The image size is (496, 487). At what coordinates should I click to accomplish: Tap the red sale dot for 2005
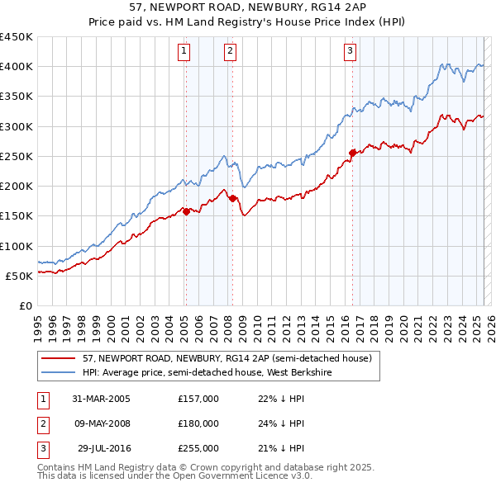click(x=186, y=211)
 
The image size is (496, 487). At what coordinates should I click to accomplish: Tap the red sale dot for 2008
click(x=232, y=198)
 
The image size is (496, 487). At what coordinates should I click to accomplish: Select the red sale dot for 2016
click(x=353, y=153)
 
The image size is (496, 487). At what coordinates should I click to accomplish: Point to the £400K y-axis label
click(x=17, y=67)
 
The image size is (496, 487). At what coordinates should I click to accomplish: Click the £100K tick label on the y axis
click(x=17, y=246)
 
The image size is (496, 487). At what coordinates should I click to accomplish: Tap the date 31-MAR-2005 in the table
click(x=102, y=399)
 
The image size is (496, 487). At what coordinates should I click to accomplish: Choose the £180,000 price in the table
click(x=198, y=423)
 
